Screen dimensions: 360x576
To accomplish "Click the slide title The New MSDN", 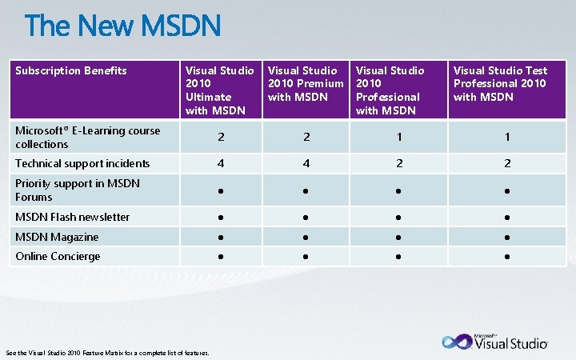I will tap(122, 27).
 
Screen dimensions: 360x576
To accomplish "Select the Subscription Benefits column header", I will tap(71, 70).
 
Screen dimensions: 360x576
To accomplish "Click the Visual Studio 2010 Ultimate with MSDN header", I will tap(220, 90).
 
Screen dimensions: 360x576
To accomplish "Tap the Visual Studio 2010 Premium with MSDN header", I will tap(306, 84).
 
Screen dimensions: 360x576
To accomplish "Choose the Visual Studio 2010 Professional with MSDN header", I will tap(390, 90).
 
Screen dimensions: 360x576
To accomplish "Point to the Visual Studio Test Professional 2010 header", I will tap(500, 84).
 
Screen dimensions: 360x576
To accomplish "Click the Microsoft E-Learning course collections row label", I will tap(88, 138).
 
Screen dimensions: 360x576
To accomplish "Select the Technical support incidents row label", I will tap(82, 163).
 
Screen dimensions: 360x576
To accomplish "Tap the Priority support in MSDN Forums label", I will tap(78, 190).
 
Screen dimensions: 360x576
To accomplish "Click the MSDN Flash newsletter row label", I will tap(73, 217).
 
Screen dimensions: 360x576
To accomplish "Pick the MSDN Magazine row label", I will tap(57, 237).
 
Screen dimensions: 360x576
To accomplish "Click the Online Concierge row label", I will tap(58, 257).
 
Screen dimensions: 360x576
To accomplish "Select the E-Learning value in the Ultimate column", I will tap(222, 138).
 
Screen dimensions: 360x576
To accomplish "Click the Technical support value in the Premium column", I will tap(306, 163).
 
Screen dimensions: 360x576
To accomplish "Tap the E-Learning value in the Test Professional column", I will tap(506, 138).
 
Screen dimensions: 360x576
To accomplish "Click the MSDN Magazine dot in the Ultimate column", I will tap(222, 238).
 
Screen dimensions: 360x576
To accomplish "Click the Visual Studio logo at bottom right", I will tap(495, 342).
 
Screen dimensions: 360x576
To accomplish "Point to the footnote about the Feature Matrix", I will tap(108, 353).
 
